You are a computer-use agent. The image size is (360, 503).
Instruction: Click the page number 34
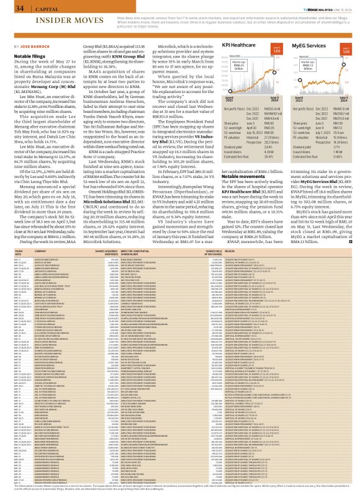tap(11, 8)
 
